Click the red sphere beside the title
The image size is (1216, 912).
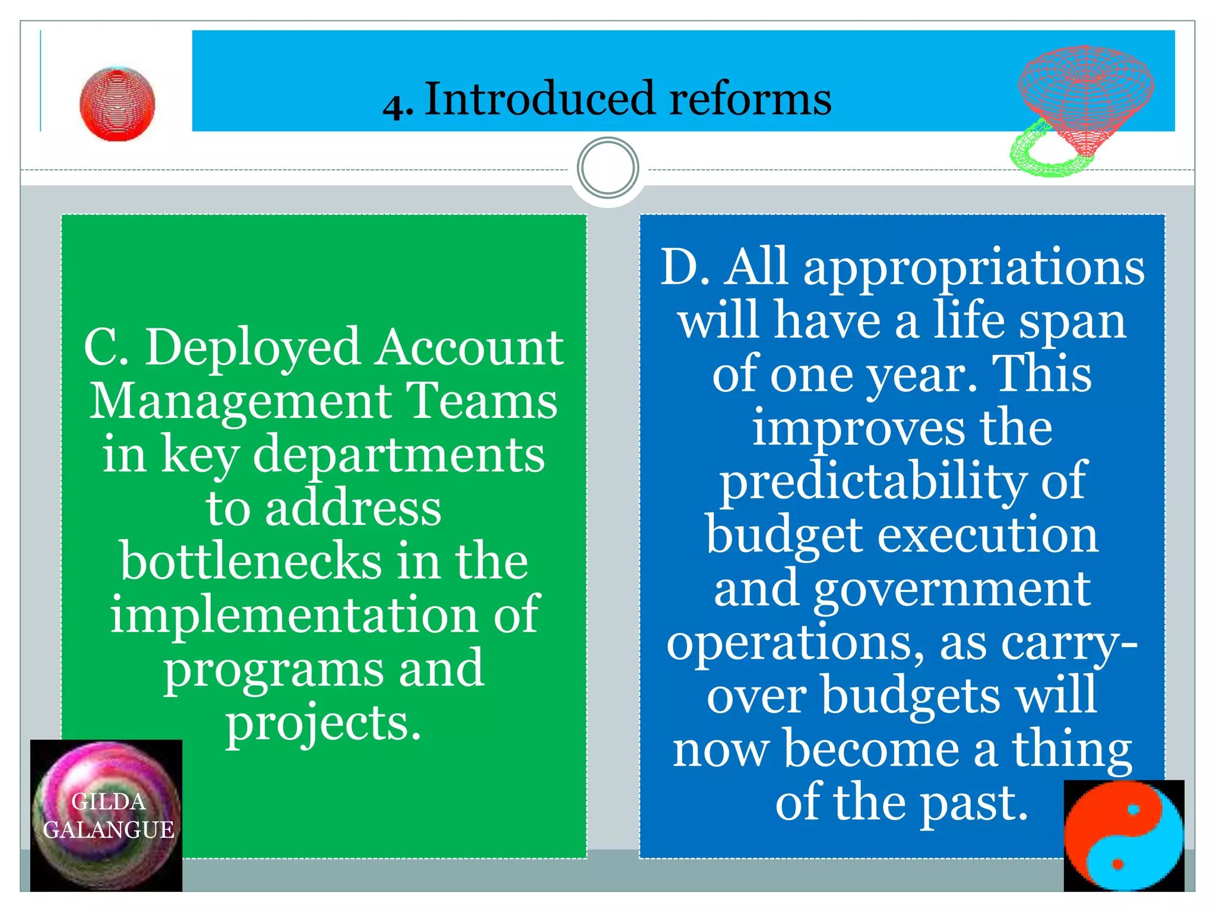[118, 104]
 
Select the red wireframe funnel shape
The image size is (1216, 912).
[1086, 95]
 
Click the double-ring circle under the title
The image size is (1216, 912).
[607, 168]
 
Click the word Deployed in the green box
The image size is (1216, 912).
[253, 349]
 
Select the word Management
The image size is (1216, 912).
[240, 401]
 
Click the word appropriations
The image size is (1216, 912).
[974, 268]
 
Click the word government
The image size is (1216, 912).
[952, 589]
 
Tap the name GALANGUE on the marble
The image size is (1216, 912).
[109, 830]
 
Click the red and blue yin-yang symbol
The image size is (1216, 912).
[1123, 836]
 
